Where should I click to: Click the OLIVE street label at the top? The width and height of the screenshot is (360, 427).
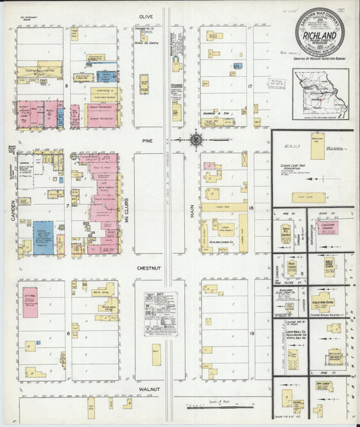click(x=147, y=16)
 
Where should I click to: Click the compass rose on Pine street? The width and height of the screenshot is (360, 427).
click(x=195, y=141)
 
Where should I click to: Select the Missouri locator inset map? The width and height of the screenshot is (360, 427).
click(x=321, y=93)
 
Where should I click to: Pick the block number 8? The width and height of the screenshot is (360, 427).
click(x=67, y=86)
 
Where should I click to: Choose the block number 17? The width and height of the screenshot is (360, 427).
click(x=250, y=86)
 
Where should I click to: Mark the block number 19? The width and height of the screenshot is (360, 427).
click(x=251, y=333)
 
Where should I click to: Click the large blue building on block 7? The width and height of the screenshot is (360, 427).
click(x=43, y=236)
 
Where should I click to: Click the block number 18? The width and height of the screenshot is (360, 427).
click(x=251, y=209)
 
